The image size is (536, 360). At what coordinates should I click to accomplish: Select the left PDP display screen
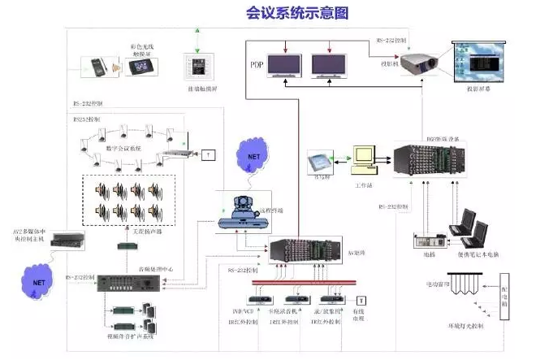pyautogui.click(x=280, y=63)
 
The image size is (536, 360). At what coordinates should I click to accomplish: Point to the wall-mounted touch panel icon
pyautogui.click(x=195, y=67)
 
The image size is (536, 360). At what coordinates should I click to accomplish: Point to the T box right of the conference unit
pyautogui.click(x=208, y=154)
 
